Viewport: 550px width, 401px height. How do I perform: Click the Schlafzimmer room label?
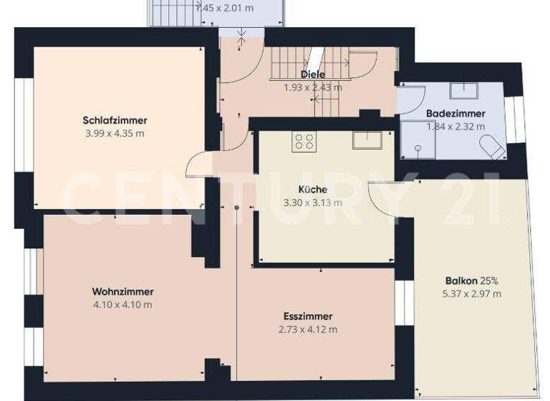(115, 120)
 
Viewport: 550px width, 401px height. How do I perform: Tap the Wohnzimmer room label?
(122, 291)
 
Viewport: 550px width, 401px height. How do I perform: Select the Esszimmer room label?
(307, 316)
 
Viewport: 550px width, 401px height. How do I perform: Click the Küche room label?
(313, 190)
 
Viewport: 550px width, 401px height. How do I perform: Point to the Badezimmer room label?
(455, 113)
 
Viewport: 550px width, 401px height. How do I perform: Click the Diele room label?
(313, 74)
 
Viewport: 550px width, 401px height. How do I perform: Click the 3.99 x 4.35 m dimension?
(115, 134)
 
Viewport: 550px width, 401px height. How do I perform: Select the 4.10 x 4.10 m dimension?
(122, 305)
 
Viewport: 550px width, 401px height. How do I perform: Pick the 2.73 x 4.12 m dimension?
(307, 329)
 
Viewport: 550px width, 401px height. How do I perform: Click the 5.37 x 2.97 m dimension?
(472, 294)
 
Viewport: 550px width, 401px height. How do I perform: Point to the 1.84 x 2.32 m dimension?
(455, 127)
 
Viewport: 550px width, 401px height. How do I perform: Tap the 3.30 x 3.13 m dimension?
(313, 203)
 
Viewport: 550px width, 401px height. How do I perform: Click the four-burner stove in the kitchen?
(304, 142)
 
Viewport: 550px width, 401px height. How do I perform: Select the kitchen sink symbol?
(368, 140)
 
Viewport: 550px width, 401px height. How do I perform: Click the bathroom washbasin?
(465, 90)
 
